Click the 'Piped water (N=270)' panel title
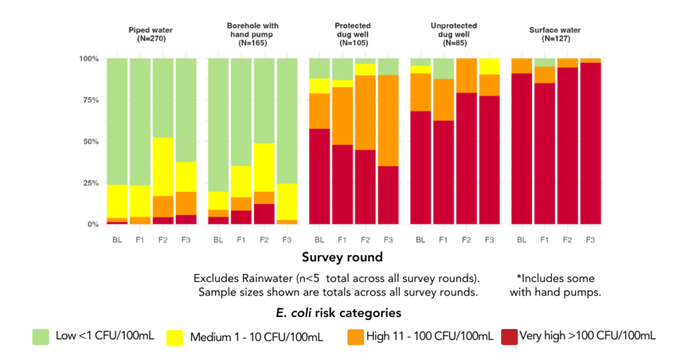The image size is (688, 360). tap(151, 34)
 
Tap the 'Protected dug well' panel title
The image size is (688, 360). tap(353, 34)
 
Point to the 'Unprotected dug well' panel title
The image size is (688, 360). tap(454, 34)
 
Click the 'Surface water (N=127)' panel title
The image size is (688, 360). tap(555, 34)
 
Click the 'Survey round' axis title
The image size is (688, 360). tap(343, 257)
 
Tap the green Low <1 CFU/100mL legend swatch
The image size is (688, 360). tap(42, 336)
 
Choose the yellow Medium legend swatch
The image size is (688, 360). tap(177, 336)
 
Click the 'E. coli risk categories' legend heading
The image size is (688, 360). tap(343, 313)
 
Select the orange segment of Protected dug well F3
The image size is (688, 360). tap(387, 120)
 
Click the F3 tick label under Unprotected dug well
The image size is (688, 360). tap(488, 240)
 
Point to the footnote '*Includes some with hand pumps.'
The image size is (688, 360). tap(555, 285)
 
